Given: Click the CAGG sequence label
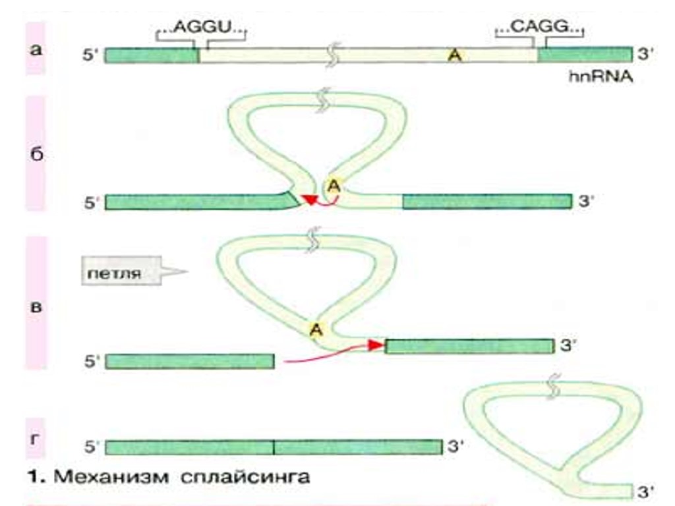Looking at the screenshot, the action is point(539,29).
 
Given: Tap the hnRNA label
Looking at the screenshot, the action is point(601,77).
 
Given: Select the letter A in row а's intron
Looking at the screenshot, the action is point(454,57).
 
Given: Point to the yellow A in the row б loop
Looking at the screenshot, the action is point(334,186).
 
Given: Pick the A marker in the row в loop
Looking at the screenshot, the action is point(316,329).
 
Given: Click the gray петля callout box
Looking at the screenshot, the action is point(123,273).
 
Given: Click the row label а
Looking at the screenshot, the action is point(38,49).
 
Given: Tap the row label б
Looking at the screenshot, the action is point(38,155).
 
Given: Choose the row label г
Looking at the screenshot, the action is point(38,438).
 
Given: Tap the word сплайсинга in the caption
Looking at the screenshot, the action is point(245,476).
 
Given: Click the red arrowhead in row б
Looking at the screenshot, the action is point(307,200).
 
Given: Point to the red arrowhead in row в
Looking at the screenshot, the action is point(377,345).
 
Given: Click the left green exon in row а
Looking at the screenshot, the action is point(152,55).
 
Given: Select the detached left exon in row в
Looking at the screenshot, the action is point(190,361).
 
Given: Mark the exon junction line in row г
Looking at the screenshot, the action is point(274,447).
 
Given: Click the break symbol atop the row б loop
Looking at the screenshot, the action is point(323,101).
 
